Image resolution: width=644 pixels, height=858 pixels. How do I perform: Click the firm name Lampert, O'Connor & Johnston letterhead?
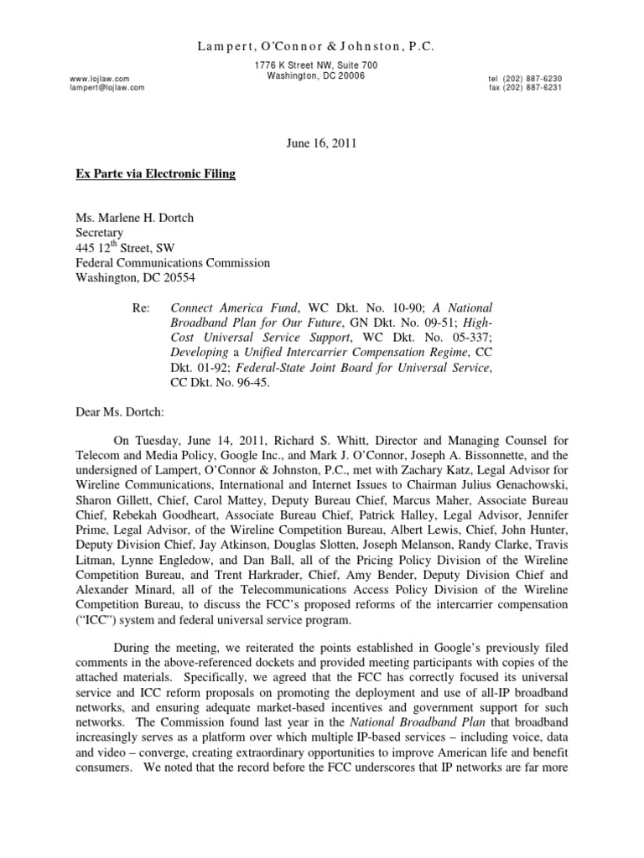pyautogui.click(x=322, y=47)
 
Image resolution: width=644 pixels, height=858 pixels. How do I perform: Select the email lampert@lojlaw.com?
pyautogui.click(x=108, y=87)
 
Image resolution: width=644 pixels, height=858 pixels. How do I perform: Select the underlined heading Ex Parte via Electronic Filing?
pyautogui.click(x=157, y=174)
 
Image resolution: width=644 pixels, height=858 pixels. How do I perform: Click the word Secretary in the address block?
pyautogui.click(x=100, y=232)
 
